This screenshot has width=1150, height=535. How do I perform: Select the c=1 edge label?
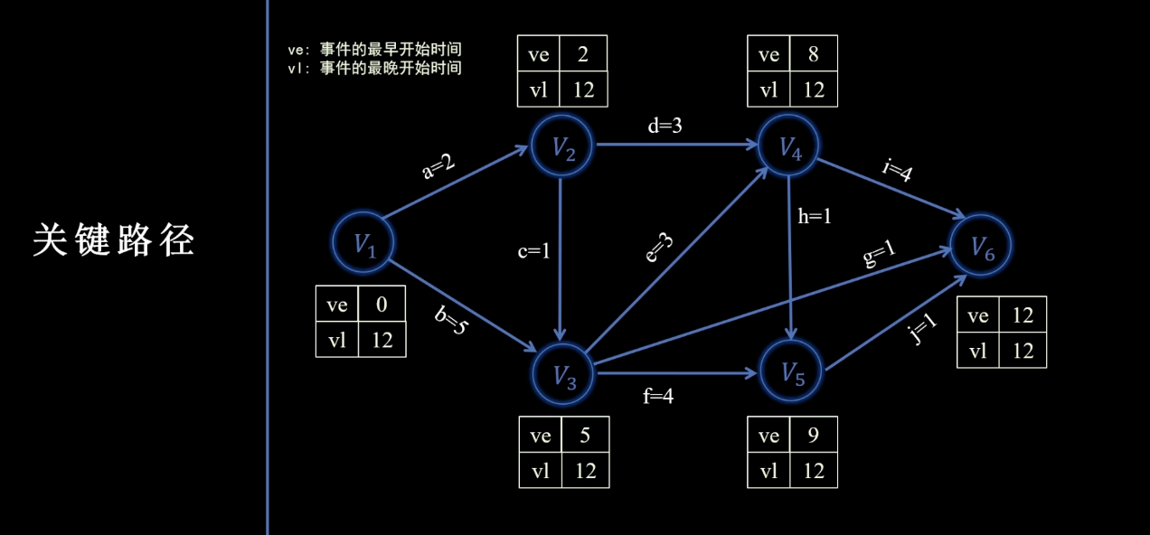coord(533,251)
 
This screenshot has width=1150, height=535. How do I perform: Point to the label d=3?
coord(665,127)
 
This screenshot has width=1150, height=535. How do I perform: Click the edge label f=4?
coord(658,395)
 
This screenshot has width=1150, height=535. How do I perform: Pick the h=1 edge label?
coord(815,217)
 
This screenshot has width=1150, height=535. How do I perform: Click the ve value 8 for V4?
coord(813,55)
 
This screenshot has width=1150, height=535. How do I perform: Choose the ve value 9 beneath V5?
coord(813,436)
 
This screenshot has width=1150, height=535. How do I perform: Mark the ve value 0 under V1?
coord(382,305)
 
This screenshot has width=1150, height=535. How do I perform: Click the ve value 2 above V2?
coord(583,55)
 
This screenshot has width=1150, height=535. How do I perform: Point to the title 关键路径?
coord(113,240)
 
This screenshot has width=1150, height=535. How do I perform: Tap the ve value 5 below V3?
coord(584,436)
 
